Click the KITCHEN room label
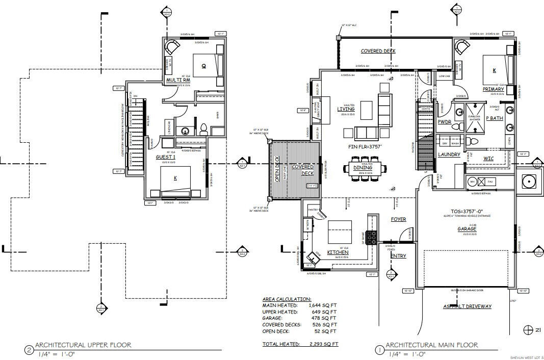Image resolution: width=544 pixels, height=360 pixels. [338, 252]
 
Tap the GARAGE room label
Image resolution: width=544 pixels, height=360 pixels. [467, 229]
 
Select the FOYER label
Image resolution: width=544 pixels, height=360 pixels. [398, 219]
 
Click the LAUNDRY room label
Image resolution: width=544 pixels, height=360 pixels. [449, 155]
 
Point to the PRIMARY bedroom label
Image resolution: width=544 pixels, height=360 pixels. [493, 89]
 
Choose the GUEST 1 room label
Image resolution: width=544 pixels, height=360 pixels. [166, 157]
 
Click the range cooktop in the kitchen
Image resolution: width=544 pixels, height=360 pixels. [372, 237]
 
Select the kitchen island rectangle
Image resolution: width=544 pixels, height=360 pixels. [340, 232]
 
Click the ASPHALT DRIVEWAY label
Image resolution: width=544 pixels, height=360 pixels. [468, 306]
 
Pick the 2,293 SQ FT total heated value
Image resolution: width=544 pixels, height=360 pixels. [323, 344]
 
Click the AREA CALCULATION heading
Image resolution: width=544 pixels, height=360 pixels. [286, 299]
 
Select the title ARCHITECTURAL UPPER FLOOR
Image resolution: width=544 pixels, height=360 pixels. [83, 345]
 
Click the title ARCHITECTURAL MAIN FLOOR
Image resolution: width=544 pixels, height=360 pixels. [431, 345]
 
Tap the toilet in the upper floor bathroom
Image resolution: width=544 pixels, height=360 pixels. [203, 129]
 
